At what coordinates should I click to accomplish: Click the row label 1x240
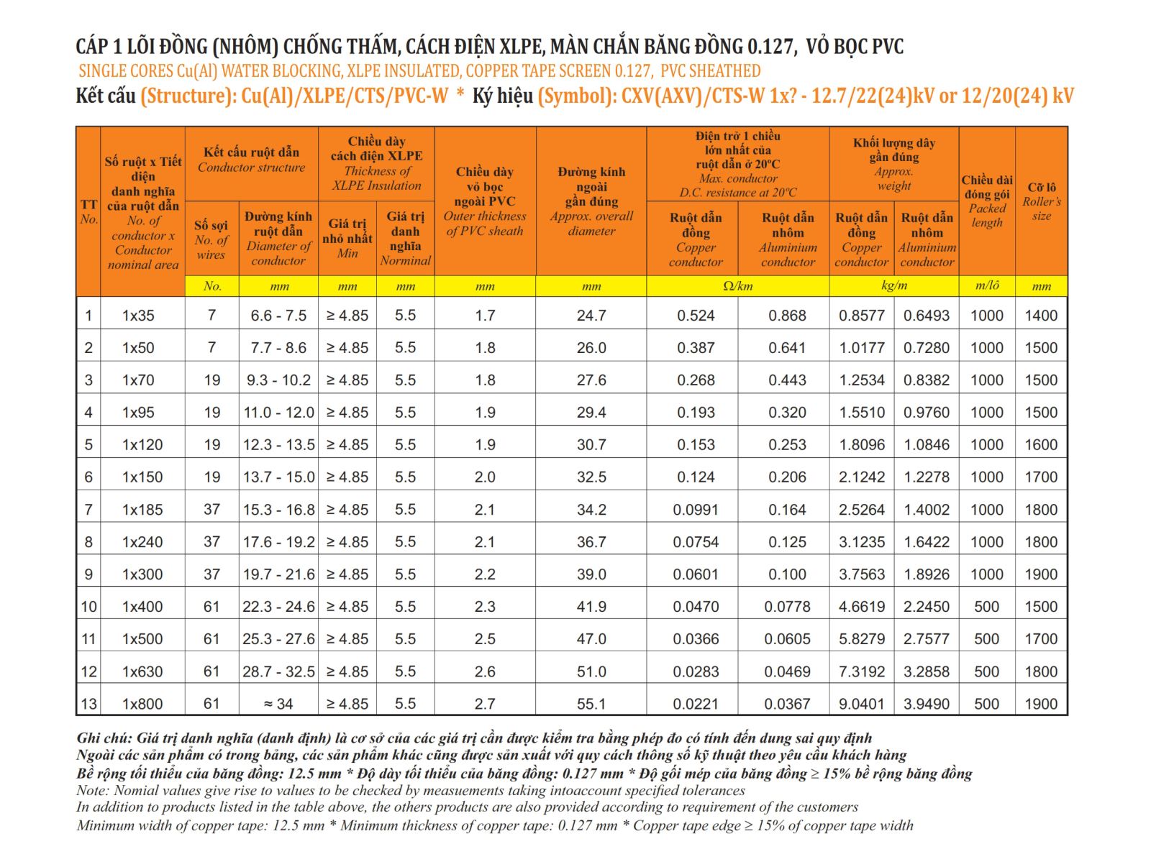142,542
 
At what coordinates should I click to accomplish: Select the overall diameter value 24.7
591,316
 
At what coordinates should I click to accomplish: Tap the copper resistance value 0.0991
696,509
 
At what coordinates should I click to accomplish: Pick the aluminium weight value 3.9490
926,704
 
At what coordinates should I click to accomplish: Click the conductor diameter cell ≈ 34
278,704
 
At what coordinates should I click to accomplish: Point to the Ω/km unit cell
738,286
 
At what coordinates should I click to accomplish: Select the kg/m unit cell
893,285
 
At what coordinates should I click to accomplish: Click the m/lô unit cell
986,285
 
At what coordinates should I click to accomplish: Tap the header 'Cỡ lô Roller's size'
1041,202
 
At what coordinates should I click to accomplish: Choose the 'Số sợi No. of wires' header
211,240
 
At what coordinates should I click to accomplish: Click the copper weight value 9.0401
861,704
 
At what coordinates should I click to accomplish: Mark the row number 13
88,704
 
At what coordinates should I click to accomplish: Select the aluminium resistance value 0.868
787,316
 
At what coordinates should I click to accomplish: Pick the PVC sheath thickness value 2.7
485,704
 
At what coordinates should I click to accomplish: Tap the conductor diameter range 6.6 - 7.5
278,316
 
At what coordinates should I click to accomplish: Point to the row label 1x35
138,316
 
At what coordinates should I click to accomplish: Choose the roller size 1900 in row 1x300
1041,574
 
